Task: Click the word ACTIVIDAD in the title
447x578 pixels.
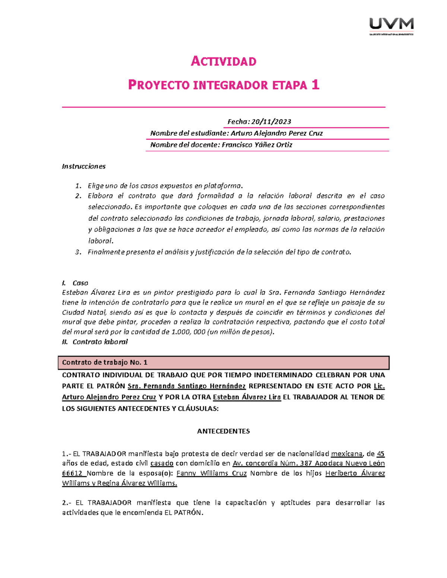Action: pos(223,61)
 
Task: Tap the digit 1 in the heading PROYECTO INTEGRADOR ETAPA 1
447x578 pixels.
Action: pos(316,85)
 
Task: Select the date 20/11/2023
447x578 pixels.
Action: pos(271,122)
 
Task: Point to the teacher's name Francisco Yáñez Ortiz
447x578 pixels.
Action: pos(257,145)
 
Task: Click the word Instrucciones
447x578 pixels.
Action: pos(84,166)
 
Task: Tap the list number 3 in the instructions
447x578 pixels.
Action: pos(78,252)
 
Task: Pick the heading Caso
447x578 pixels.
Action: pos(80,283)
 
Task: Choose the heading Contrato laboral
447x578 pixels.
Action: pos(100,342)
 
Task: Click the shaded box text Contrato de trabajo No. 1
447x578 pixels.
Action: pos(105,363)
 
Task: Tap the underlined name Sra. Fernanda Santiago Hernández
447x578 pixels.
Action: pos(186,386)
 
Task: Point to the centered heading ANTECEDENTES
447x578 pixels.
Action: pos(223,431)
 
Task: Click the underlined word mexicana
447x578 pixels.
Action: pos(346,454)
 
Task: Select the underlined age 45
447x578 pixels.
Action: pos(380,454)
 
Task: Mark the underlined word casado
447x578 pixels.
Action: pos(162,463)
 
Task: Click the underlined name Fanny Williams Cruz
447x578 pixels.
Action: pos(211,473)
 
